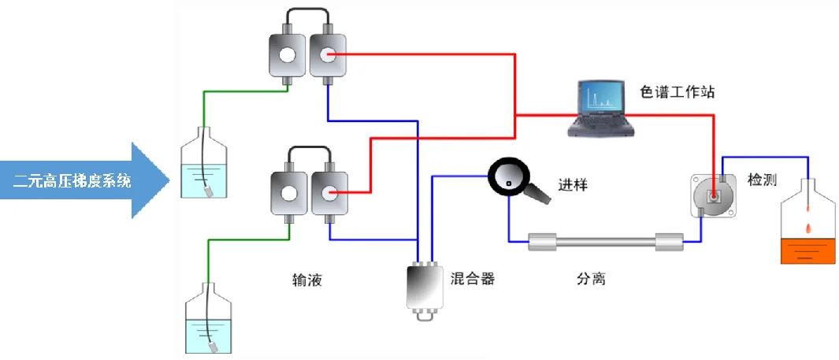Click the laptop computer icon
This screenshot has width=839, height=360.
click(x=598, y=110)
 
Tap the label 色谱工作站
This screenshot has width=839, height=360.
click(x=676, y=92)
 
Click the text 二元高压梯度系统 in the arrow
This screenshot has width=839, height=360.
click(x=72, y=181)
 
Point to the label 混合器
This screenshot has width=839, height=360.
click(x=473, y=279)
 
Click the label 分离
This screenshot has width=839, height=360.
click(x=589, y=279)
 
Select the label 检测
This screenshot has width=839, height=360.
click(x=761, y=180)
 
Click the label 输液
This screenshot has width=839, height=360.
click(x=307, y=279)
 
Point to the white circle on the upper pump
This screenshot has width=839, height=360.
click(x=287, y=56)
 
